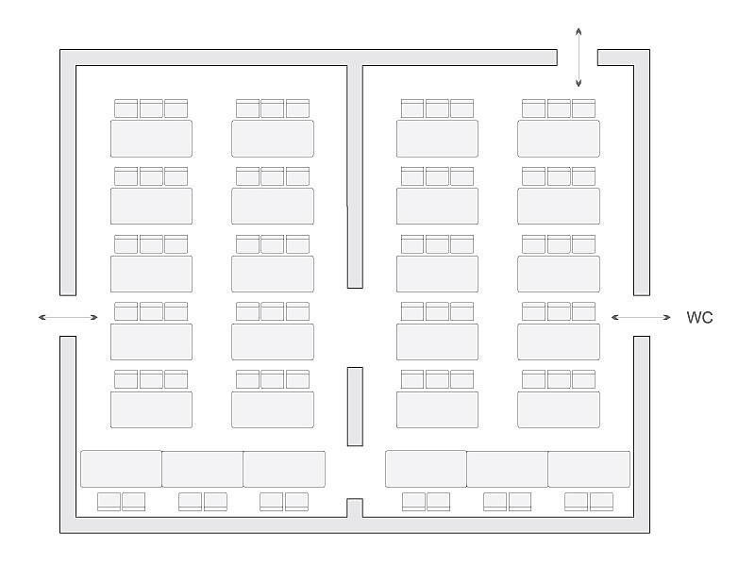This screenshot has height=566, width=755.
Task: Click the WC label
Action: click(699, 318)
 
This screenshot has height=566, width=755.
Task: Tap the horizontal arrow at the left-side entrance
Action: click(69, 317)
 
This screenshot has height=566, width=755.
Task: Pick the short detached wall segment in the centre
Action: click(355, 406)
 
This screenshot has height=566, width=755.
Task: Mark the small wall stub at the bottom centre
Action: click(355, 508)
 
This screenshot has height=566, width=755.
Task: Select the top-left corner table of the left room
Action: click(151, 139)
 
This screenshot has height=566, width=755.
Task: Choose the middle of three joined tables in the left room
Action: click(202, 469)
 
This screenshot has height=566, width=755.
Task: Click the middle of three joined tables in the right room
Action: click(507, 469)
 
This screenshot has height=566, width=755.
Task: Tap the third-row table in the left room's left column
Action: click(151, 274)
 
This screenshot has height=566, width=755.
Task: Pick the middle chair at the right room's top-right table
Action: click(559, 108)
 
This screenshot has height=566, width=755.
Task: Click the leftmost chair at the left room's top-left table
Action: click(126, 108)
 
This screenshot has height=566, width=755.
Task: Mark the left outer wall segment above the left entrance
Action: click(68, 175)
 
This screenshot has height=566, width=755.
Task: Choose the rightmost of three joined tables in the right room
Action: click(589, 469)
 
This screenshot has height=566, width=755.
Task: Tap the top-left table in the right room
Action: click(437, 139)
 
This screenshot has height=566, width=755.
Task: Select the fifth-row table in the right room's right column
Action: click(559, 409)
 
